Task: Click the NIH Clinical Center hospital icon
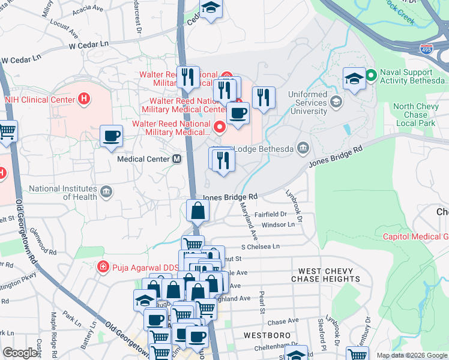tap(85, 99)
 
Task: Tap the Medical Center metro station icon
tap(177, 159)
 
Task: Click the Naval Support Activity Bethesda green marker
tap(371, 75)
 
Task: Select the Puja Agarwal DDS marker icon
tap(103, 266)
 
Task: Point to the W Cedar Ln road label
tap(88, 44)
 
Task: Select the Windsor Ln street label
tap(279, 224)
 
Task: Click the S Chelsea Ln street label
tap(261, 247)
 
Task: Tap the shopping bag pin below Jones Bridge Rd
tap(197, 211)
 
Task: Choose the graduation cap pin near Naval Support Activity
tap(354, 78)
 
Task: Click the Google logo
tap(20, 353)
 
